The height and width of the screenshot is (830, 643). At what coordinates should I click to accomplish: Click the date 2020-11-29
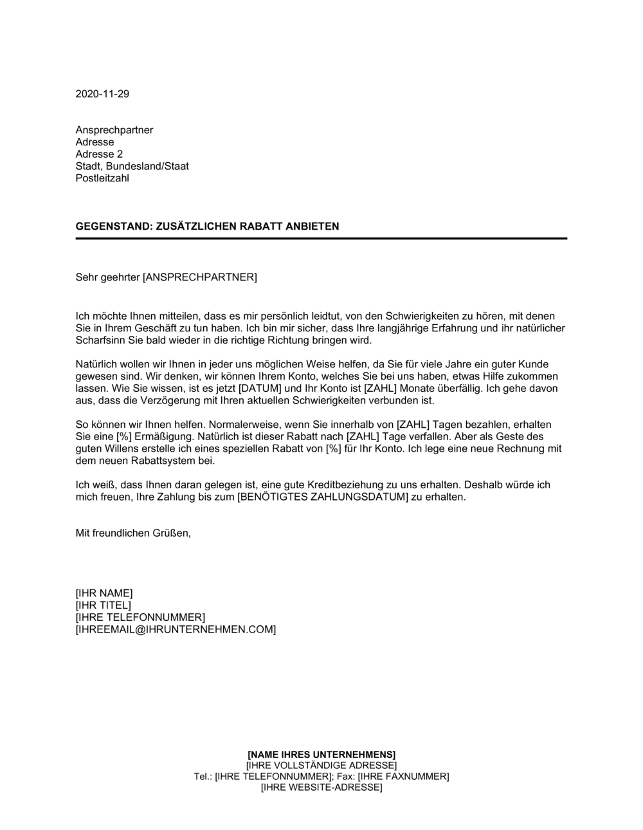[102, 94]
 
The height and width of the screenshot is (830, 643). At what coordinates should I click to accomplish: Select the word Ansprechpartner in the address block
[114, 130]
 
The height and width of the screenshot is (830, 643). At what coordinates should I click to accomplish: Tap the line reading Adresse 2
[99, 154]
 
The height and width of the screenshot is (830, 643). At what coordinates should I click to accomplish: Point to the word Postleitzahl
[102, 178]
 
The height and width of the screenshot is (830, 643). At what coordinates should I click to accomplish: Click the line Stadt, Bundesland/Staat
[132, 166]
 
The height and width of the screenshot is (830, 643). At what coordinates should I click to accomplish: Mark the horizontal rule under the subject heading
[321, 239]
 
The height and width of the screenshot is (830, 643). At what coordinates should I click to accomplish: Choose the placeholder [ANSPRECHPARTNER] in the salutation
[199, 277]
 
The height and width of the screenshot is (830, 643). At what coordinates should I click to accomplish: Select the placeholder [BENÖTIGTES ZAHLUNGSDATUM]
[323, 497]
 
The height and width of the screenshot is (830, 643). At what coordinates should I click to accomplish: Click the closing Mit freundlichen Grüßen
[133, 533]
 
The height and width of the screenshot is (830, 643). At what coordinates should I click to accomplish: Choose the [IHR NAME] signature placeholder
[104, 593]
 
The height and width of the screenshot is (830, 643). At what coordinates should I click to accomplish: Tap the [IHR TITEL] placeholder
[103, 605]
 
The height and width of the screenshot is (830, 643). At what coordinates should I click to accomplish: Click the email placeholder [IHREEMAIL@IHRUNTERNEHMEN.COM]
[176, 629]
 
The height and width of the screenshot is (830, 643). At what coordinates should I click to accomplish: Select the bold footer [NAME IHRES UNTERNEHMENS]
[321, 754]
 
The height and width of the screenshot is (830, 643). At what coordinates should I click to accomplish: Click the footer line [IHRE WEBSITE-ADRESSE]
[321, 788]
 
